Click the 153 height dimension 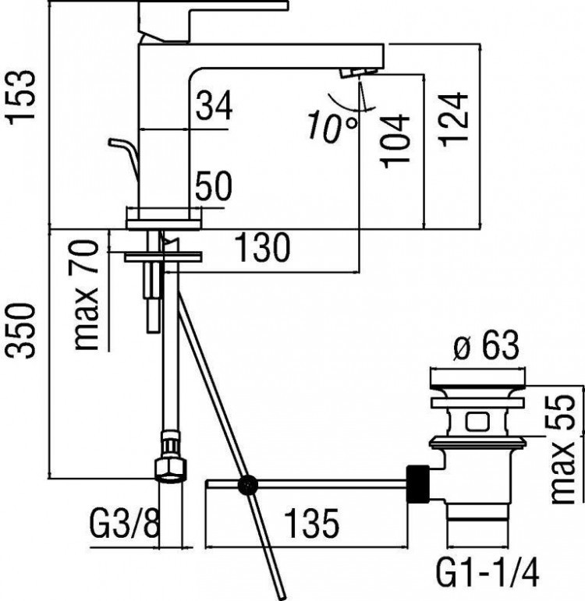pos(22,97)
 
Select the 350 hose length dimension pos(22,331)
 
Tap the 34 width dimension pos(214,105)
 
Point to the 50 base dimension pos(214,186)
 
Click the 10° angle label pos(332,126)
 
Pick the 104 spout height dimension pos(395,140)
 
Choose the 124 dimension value pos(455,119)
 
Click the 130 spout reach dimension pos(262,247)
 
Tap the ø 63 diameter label pos(486,346)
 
